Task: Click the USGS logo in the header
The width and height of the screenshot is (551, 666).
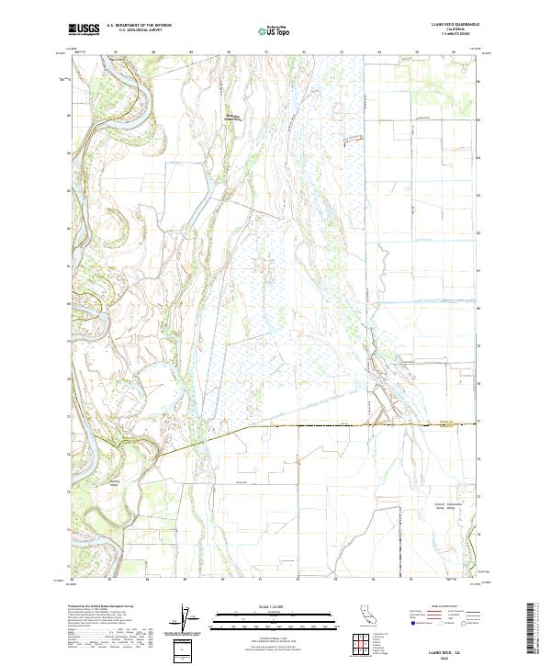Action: coord(84,29)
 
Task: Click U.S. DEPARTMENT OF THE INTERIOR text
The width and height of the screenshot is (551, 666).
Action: coord(139,26)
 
